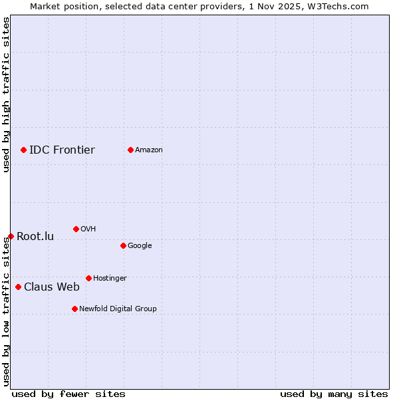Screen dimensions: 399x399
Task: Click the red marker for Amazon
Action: click(130, 150)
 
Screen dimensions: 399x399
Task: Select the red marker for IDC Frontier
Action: click(23, 150)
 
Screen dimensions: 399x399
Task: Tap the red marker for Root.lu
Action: click(11, 236)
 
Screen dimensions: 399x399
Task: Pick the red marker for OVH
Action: click(76, 229)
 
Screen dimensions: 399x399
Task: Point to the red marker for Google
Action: click(123, 245)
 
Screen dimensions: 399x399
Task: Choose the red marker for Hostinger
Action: click(88, 278)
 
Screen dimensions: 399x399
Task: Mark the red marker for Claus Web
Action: click(18, 287)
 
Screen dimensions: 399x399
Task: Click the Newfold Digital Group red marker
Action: click(74, 309)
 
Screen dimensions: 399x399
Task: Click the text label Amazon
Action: click(149, 150)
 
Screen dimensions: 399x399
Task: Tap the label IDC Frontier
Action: click(62, 150)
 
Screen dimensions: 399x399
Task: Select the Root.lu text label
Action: click(35, 237)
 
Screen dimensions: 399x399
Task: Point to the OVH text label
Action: click(88, 229)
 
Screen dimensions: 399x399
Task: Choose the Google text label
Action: click(140, 246)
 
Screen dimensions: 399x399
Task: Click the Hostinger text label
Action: click(110, 279)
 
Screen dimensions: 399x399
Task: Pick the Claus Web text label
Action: click(52, 287)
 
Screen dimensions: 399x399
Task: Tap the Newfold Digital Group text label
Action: click(118, 309)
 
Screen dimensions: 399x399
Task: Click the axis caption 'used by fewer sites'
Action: click(68, 394)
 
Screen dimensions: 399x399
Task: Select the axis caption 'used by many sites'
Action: click(334, 394)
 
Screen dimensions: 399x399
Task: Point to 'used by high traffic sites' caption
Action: click(6, 94)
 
